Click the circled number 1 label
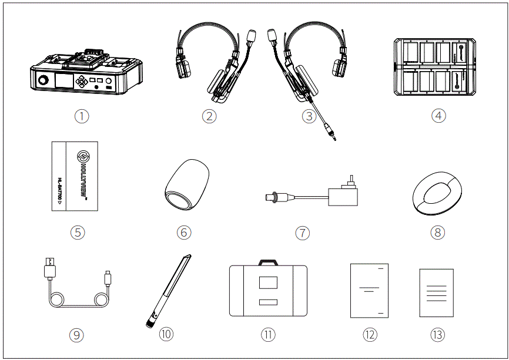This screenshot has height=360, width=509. click(x=82, y=116)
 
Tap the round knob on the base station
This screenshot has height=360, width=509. click(x=43, y=80)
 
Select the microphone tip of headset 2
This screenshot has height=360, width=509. click(x=253, y=34)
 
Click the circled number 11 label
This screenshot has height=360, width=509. click(x=268, y=334)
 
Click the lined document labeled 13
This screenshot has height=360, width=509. click(x=436, y=292)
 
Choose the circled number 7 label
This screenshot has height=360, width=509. click(x=302, y=233)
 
